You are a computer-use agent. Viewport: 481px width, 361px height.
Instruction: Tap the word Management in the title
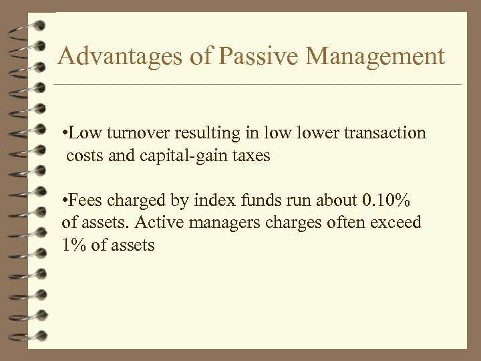(375, 57)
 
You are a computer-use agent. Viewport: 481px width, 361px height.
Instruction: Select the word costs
(85, 156)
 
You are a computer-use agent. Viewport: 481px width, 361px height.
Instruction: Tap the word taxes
(249, 156)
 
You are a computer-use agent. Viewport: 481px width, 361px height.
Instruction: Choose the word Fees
(84, 200)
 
